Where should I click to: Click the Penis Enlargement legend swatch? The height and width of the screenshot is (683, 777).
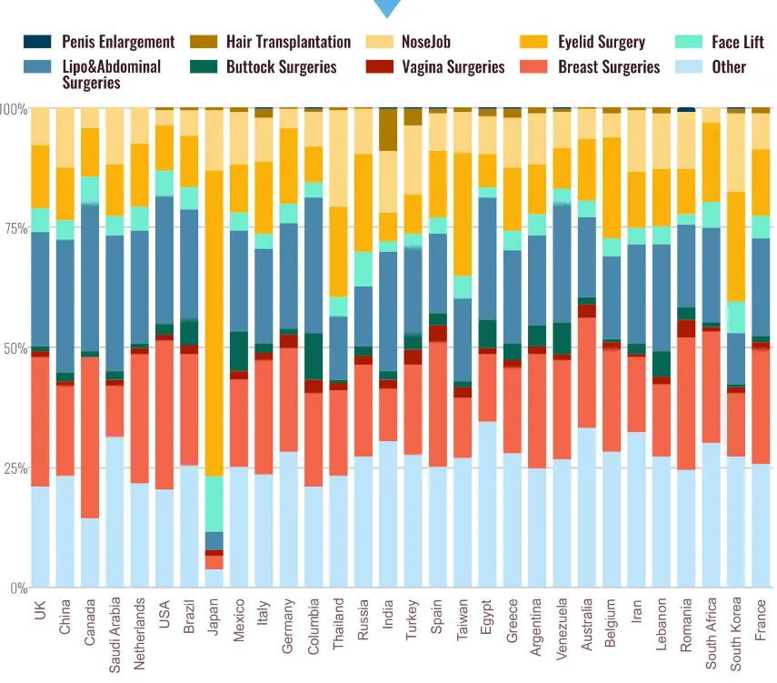pyautogui.click(x=37, y=42)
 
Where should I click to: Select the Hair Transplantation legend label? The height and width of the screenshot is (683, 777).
pyautogui.click(x=288, y=42)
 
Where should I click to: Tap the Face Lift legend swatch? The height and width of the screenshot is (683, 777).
pyautogui.click(x=689, y=42)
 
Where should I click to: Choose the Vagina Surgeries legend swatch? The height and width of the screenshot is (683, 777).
pyautogui.click(x=380, y=66)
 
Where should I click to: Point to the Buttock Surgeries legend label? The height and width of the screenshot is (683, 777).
pyautogui.click(x=282, y=66)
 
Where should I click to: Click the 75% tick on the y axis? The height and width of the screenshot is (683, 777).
pyautogui.click(x=15, y=228)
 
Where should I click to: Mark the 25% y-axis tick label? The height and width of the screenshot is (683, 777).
pyautogui.click(x=15, y=468)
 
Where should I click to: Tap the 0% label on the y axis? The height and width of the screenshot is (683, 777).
pyautogui.click(x=19, y=588)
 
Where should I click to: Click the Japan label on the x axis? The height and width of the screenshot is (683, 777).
pyautogui.click(x=213, y=616)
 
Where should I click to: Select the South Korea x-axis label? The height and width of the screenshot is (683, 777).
pyautogui.click(x=735, y=635)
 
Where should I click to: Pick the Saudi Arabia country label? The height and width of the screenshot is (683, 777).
pyautogui.click(x=115, y=635)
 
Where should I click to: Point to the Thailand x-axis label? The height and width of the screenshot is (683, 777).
pyautogui.click(x=338, y=624)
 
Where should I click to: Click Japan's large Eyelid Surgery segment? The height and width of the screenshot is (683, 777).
pyautogui.click(x=214, y=324)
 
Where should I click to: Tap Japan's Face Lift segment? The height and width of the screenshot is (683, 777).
pyautogui.click(x=214, y=504)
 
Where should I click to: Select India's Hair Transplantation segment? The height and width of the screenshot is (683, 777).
pyautogui.click(x=388, y=129)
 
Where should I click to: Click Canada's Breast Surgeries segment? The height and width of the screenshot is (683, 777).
pyautogui.click(x=90, y=437)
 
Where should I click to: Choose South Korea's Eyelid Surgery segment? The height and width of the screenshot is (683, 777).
pyautogui.click(x=736, y=246)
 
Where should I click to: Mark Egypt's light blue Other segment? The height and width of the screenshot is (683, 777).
pyautogui.click(x=488, y=505)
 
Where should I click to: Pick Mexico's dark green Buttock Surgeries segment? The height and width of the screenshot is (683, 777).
pyautogui.click(x=239, y=351)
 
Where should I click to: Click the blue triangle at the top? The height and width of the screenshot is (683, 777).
pyautogui.click(x=387, y=7)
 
